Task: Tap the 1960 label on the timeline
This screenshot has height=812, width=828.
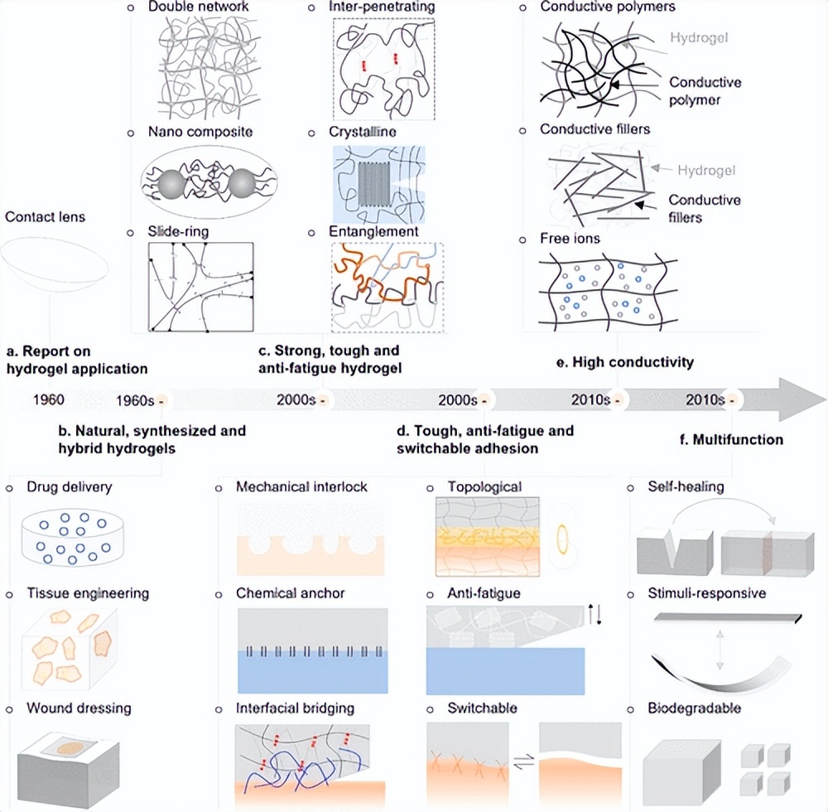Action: point(48,400)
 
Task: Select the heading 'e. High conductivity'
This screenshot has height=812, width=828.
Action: point(623,362)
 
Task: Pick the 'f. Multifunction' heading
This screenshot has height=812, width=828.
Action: point(729,439)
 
